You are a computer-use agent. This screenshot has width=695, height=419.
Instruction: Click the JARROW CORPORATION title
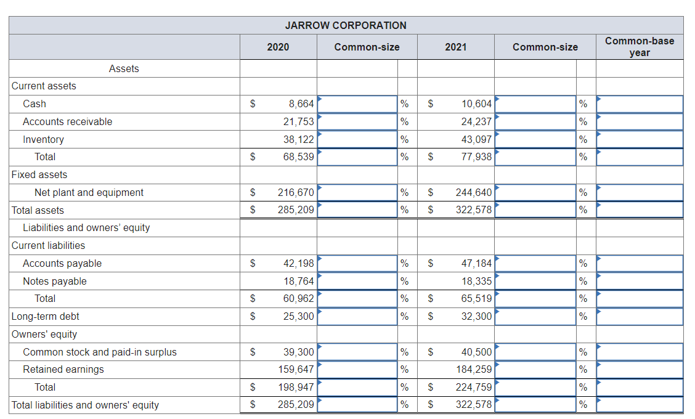[x=346, y=25]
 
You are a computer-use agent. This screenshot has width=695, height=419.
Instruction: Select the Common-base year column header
[x=639, y=47]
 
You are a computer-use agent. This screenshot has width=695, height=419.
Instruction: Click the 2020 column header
[x=278, y=47]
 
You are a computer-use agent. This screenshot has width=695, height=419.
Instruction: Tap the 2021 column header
[x=455, y=47]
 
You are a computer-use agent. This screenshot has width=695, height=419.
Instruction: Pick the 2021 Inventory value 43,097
[x=476, y=140]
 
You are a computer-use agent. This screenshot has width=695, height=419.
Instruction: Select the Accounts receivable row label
[x=68, y=122]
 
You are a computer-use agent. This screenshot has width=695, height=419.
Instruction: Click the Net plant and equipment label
[x=89, y=193]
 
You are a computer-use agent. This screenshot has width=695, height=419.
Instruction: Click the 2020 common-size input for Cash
[x=357, y=104]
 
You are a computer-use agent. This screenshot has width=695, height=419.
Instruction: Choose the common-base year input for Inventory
[x=640, y=140]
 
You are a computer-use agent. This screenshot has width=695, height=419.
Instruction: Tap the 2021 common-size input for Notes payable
[x=535, y=282]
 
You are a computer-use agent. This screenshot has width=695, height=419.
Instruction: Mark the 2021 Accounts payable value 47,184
[x=476, y=264]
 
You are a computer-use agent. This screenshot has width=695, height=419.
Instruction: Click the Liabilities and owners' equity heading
[x=86, y=228]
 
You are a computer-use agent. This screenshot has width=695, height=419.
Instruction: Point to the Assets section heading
[x=124, y=69]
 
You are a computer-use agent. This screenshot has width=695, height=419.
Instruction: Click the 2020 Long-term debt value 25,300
[x=298, y=317]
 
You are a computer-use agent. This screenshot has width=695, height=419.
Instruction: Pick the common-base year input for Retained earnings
[x=640, y=370]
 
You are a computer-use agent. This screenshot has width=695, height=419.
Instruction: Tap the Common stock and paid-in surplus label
[x=100, y=352]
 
